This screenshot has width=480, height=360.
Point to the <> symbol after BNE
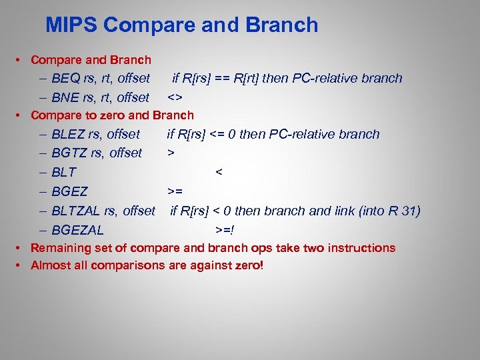(x=175, y=98)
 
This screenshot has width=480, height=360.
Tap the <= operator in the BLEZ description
(x=217, y=135)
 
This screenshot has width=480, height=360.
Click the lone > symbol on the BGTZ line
(x=171, y=153)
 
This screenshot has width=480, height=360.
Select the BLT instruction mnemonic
(x=64, y=173)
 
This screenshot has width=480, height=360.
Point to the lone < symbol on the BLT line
(x=218, y=173)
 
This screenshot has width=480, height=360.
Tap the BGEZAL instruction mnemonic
(x=77, y=231)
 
